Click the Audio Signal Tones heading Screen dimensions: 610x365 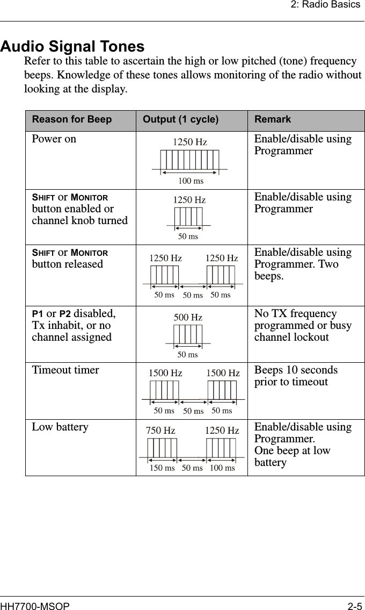pyautogui.click(x=72, y=46)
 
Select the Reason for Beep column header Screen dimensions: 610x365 pyautogui.click(x=72, y=119)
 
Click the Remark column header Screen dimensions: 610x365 pyautogui.click(x=273, y=119)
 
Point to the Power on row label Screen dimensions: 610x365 pyautogui.click(x=54, y=139)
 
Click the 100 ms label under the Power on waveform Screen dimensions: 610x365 pyautogui.click(x=191, y=181)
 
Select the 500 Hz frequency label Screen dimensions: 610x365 pyautogui.click(x=188, y=318)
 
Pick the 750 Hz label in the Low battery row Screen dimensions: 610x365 pyautogui.click(x=160, y=431)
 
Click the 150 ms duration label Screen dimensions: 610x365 pyautogui.click(x=162, y=468)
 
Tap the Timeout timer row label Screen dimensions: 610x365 pyautogui.click(x=65, y=370)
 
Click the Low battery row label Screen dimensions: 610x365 pyautogui.click(x=60, y=427)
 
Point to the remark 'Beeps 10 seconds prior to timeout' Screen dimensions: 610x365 pyautogui.click(x=296, y=376)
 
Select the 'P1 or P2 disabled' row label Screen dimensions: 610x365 pyautogui.click(x=72, y=325)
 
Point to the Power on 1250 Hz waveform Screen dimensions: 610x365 pyautogui.click(x=190, y=160)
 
